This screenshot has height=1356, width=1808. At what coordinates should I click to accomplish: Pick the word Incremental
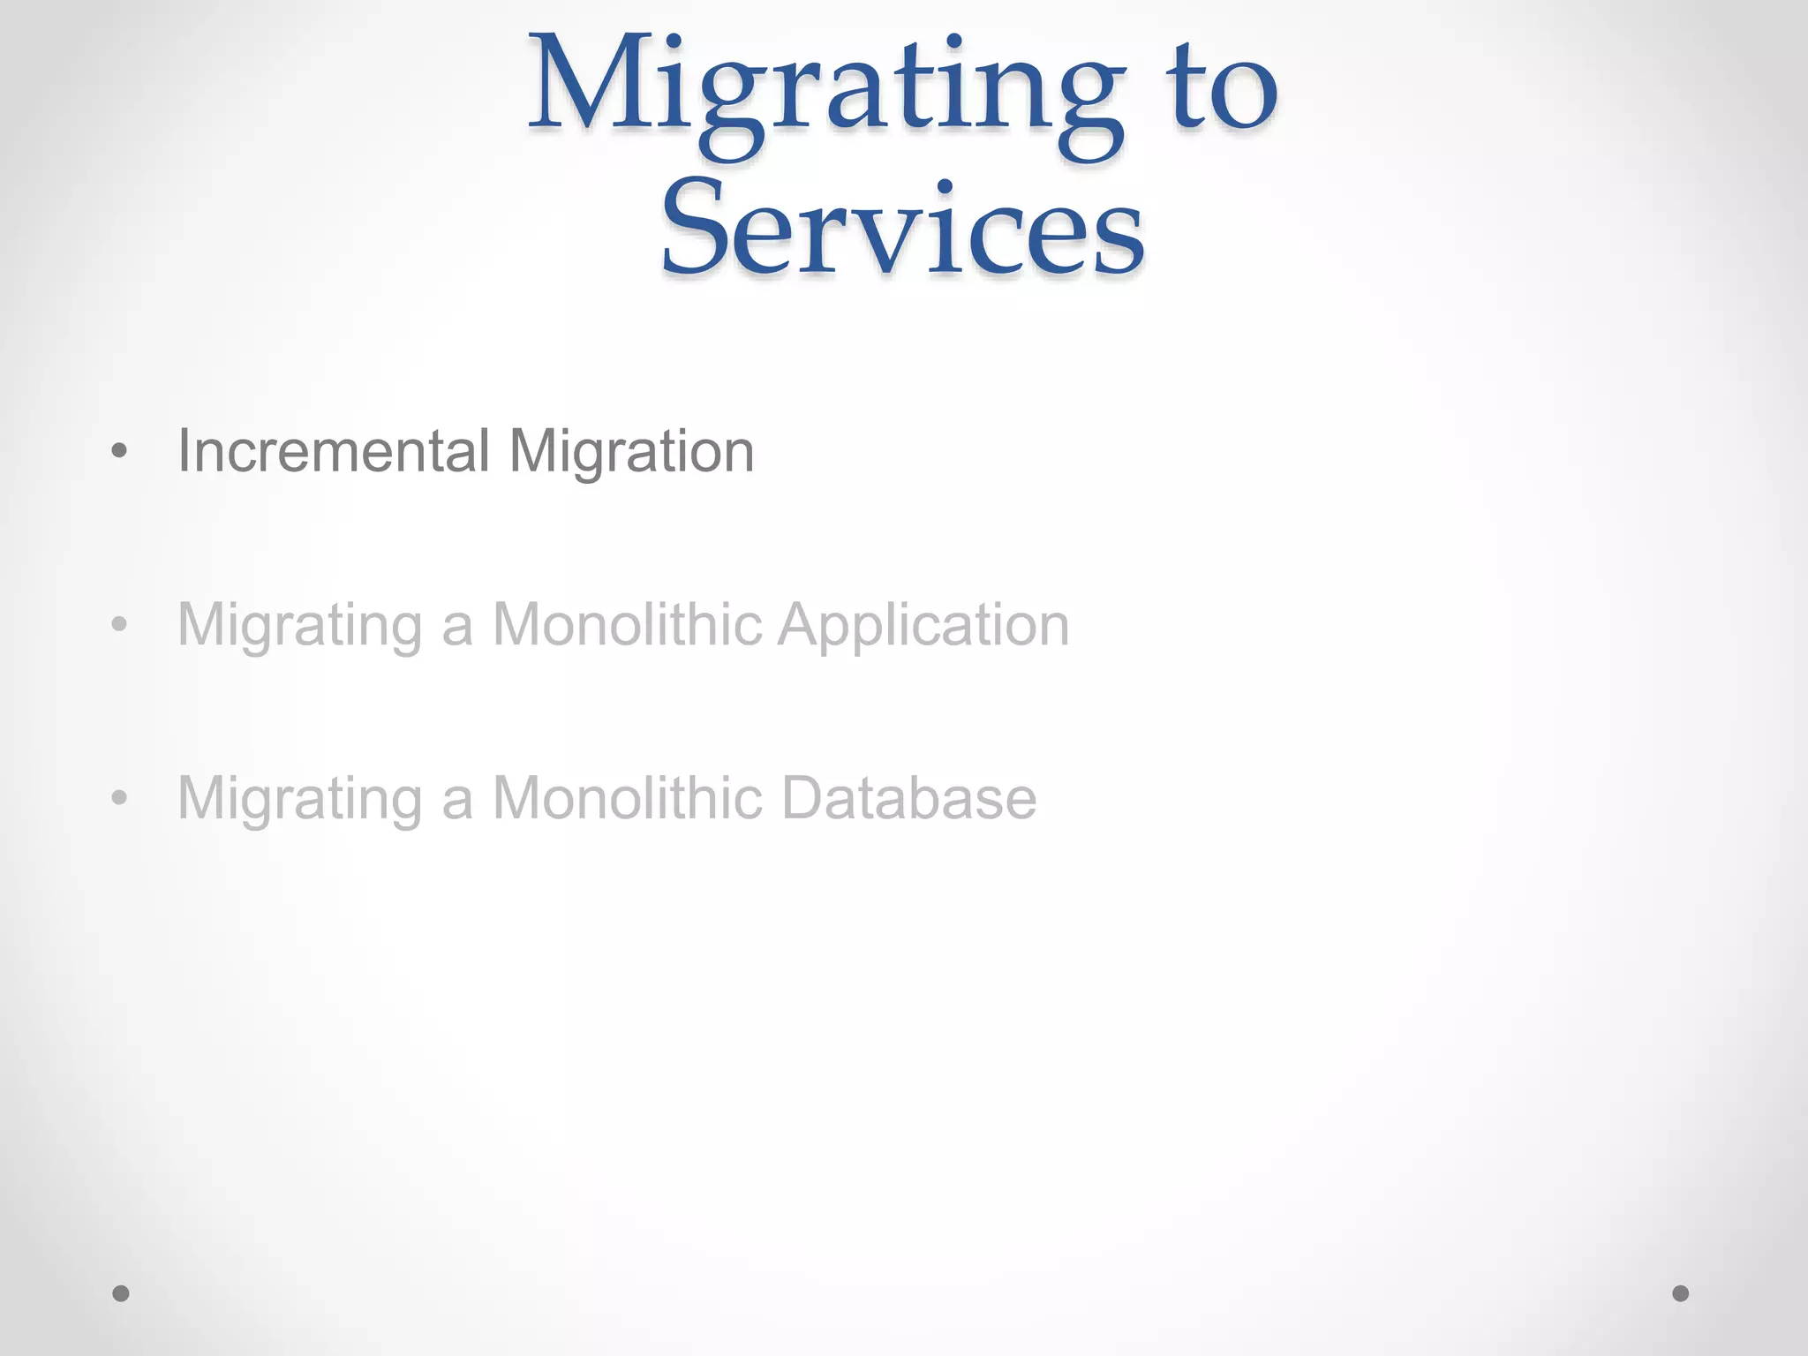(334, 451)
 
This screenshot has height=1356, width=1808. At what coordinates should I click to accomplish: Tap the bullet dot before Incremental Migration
(120, 452)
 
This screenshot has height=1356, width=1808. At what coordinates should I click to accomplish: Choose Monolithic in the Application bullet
(627, 624)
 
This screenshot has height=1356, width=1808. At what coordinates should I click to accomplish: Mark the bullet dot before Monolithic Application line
(120, 625)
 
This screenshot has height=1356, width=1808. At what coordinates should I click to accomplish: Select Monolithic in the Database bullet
(627, 797)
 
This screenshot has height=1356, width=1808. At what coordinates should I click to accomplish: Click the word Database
(908, 797)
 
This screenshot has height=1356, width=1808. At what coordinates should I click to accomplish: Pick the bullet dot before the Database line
(120, 798)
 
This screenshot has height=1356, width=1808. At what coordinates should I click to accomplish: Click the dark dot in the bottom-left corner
(121, 1293)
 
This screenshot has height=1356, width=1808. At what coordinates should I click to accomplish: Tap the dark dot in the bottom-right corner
(1681, 1293)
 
